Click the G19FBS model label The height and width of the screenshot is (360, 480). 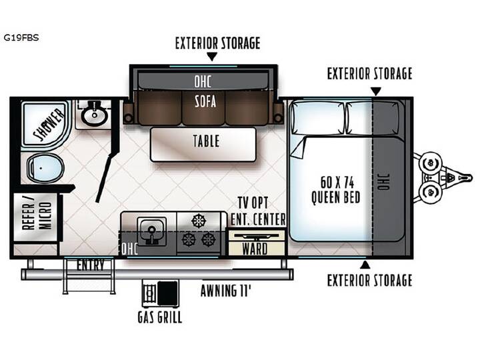click(x=21, y=37)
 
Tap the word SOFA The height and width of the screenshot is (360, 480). click(x=205, y=101)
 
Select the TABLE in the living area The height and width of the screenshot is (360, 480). click(x=203, y=145)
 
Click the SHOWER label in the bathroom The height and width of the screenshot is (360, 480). click(x=49, y=124)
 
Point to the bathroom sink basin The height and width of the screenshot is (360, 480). click(x=94, y=115)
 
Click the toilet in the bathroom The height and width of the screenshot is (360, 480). click(x=45, y=168)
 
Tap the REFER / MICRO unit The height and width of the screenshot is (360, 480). click(x=36, y=217)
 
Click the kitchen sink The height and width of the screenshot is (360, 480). click(x=151, y=231)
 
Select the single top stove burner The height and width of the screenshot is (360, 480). click(x=199, y=221)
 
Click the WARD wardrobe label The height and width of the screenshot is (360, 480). click(x=255, y=249)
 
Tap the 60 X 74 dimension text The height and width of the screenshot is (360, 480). click(x=337, y=183)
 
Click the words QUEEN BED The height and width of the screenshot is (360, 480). click(x=336, y=197)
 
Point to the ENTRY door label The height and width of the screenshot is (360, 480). click(x=90, y=265)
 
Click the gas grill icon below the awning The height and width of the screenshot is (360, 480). click(x=161, y=293)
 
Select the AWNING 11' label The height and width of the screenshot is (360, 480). click(x=225, y=291)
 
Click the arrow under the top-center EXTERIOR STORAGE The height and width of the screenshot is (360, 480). click(x=212, y=56)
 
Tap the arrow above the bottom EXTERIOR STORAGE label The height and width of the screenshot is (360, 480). click(x=365, y=265)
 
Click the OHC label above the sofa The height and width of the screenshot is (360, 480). click(x=203, y=81)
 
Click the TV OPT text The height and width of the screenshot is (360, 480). click(x=253, y=203)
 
